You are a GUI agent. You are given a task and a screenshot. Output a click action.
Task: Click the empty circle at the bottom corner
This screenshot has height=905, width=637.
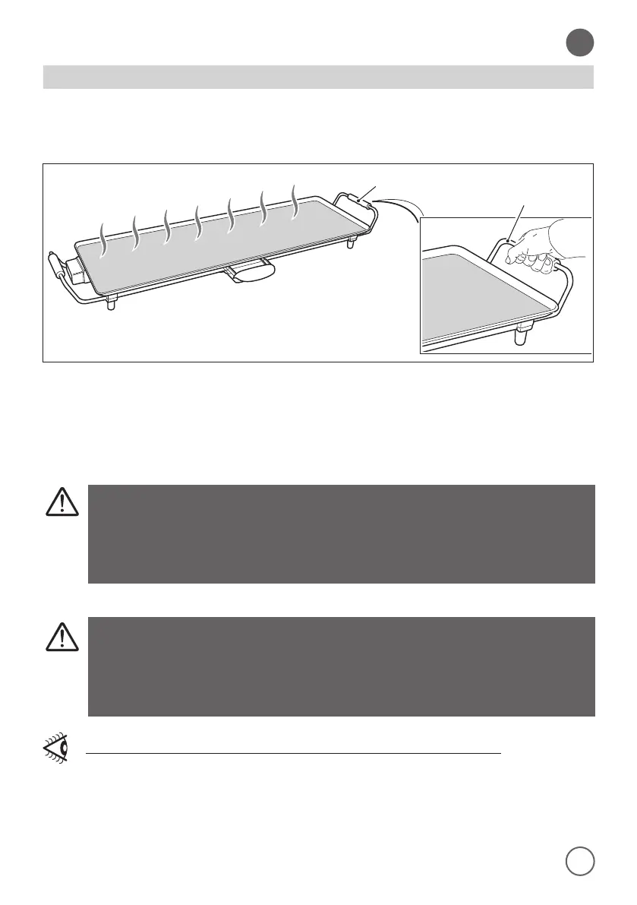point(580,860)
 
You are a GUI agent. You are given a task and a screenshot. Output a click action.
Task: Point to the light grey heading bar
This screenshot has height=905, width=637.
point(318,77)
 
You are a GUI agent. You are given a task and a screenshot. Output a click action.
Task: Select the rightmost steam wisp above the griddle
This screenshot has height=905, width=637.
point(295,200)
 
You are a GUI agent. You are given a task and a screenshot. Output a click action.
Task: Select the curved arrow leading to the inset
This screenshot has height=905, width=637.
point(401,205)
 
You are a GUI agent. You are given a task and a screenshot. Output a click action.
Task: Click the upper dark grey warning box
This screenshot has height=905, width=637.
point(341,533)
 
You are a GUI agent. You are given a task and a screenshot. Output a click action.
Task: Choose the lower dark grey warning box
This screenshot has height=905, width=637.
point(341,666)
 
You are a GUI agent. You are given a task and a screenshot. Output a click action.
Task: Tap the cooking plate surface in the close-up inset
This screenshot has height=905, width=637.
point(471,296)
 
